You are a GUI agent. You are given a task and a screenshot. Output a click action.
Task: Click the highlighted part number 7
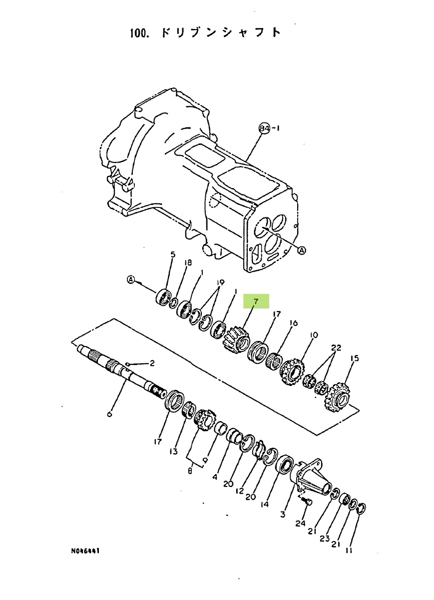[256, 301]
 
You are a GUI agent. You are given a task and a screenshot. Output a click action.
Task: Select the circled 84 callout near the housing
[265, 128]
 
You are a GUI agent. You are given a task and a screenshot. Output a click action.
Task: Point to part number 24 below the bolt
[301, 523]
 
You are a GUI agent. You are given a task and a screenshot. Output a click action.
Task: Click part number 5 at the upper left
[173, 254]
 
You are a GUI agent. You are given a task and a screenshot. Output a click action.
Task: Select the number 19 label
[220, 282]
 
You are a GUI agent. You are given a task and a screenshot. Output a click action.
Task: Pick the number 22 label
[336, 347]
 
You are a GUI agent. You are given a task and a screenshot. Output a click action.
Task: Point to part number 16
[293, 323]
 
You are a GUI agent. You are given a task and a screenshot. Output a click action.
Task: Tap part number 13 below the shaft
[173, 451]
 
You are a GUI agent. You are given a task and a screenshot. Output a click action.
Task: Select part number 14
[264, 504]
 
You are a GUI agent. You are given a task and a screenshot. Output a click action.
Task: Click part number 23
[324, 538]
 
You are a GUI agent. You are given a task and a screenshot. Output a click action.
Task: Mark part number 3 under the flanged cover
[283, 514]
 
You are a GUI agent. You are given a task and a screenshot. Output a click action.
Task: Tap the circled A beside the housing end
[302, 250]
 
